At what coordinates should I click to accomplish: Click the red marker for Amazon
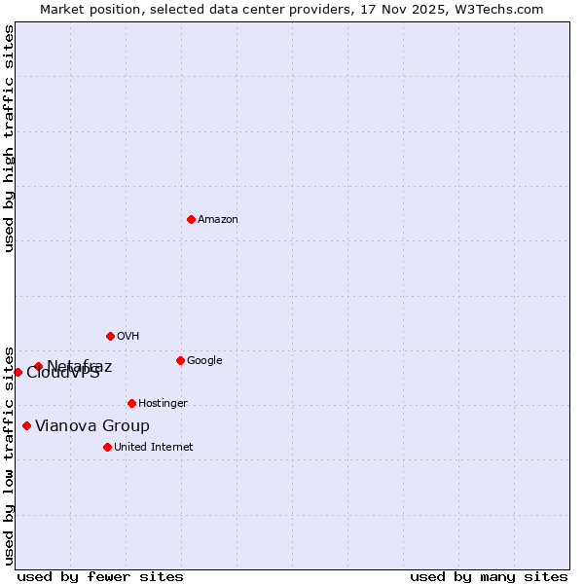coord(191,219)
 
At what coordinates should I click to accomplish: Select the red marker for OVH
coord(110,336)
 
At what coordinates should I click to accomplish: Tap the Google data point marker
coord(180,360)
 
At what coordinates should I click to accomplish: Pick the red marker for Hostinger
coord(131,403)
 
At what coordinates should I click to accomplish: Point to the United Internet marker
coord(107,447)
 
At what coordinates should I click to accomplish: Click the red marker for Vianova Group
coord(26,425)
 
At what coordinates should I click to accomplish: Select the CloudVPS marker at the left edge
coord(18,372)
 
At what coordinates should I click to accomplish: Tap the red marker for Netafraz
coord(38,366)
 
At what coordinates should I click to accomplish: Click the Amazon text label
coord(217,220)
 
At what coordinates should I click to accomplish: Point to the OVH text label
coord(128,337)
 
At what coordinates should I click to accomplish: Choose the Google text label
coord(204,361)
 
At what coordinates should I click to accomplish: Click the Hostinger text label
coord(163,404)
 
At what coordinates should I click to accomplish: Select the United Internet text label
coord(153,448)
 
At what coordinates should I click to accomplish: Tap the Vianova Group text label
coord(92,426)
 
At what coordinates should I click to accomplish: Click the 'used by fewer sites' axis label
coord(100,577)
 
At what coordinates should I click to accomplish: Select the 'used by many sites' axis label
coord(489,577)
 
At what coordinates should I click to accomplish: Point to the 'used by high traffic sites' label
coord(10,138)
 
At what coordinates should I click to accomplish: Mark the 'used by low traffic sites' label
coord(10,455)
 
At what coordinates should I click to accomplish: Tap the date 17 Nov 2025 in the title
coord(407,10)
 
